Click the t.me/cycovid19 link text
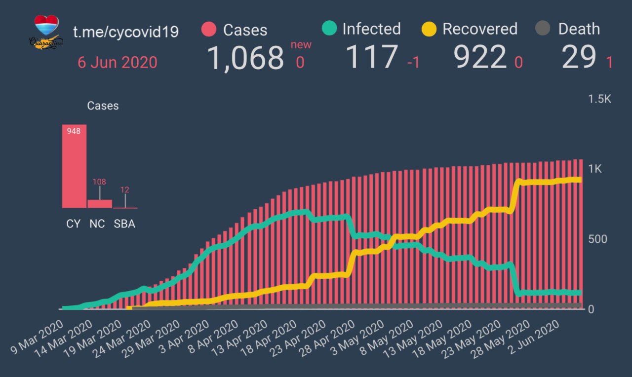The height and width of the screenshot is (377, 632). (126, 32)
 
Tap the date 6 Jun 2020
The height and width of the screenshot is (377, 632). (118, 63)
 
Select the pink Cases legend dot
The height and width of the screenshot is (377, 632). (209, 29)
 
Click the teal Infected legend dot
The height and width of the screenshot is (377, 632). (329, 28)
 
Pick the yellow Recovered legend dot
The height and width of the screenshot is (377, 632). (429, 29)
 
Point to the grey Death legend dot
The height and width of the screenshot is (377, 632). (543, 29)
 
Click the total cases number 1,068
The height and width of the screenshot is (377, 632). (245, 58)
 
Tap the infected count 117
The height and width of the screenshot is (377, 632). (372, 57)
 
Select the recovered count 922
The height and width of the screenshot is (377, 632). (480, 58)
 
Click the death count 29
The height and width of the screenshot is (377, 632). (579, 58)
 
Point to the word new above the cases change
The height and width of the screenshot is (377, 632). (301, 45)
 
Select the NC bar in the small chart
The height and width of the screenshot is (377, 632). (100, 204)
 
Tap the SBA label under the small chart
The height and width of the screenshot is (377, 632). (124, 224)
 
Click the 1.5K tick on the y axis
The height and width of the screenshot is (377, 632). (599, 99)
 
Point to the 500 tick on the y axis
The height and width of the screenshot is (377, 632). (597, 239)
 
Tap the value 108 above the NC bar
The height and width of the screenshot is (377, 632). (100, 182)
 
